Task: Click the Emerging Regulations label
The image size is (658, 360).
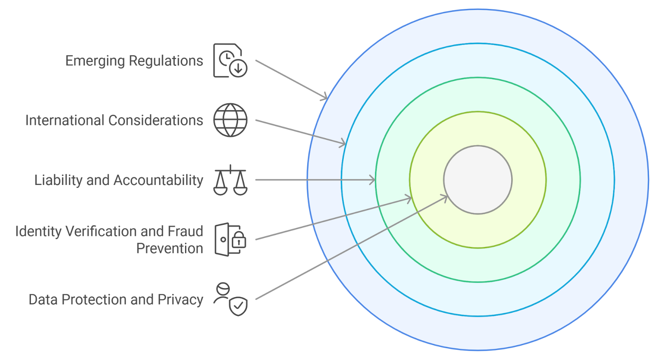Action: click(x=134, y=61)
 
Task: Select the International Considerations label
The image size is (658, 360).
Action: click(x=114, y=120)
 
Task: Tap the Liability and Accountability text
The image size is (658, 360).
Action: click(x=118, y=180)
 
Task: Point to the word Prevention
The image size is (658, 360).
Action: click(x=169, y=249)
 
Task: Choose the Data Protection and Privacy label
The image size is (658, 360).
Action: click(x=116, y=300)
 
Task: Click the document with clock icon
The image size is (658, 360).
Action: click(x=230, y=60)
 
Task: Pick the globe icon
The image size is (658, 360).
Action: click(x=230, y=120)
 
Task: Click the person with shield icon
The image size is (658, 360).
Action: click(x=230, y=299)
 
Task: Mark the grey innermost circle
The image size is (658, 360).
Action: click(x=478, y=180)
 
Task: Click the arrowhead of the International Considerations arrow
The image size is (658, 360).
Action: click(x=343, y=144)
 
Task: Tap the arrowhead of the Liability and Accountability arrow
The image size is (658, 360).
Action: click(x=373, y=180)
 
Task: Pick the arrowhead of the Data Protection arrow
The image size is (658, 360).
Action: click(x=445, y=197)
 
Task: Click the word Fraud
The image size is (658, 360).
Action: click(x=185, y=231)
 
